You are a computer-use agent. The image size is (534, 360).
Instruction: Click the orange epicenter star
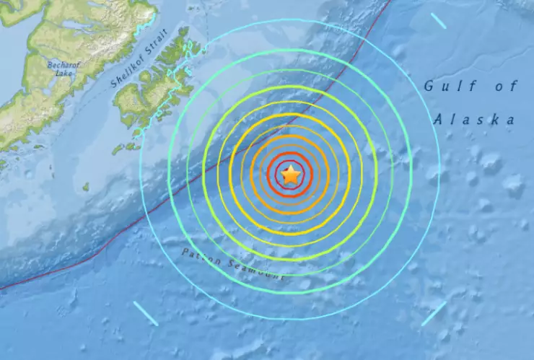290,175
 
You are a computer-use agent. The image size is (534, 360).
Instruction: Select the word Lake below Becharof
64,74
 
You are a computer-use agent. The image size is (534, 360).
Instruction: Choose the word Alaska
476,120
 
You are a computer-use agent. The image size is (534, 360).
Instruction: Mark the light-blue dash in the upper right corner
438,20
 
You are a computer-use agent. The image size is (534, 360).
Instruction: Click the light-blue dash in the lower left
146,313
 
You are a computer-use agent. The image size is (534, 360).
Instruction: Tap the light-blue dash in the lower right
434,313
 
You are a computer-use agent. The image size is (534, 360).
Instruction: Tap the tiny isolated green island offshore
85,187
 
